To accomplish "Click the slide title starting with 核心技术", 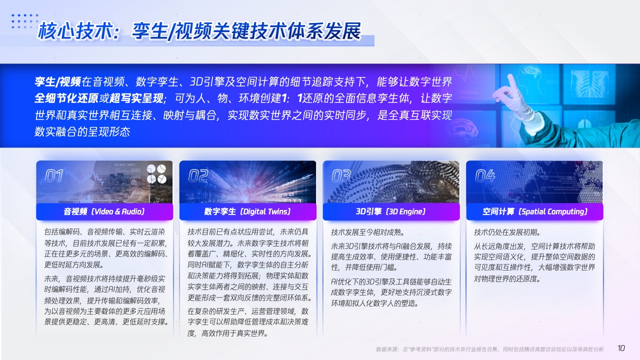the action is click(199, 31).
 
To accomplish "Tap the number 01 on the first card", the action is click(54, 175).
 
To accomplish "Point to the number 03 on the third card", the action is click(341, 175).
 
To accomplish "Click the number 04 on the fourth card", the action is click(485, 175).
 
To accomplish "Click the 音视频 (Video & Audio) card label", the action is click(104, 211).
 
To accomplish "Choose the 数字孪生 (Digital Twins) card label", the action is click(247, 211).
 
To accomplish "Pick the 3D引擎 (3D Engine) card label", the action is click(391, 211).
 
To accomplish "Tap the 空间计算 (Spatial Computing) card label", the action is click(535, 211).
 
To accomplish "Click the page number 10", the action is click(621, 348).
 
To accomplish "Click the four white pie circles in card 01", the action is click(156, 173).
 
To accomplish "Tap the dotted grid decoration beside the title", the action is click(25, 21).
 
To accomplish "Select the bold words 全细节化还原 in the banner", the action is click(66, 98).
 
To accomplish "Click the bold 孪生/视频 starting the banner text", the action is click(57, 81).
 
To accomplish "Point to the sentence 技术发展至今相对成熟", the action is click(367, 232).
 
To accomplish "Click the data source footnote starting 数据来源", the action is click(490, 349).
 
